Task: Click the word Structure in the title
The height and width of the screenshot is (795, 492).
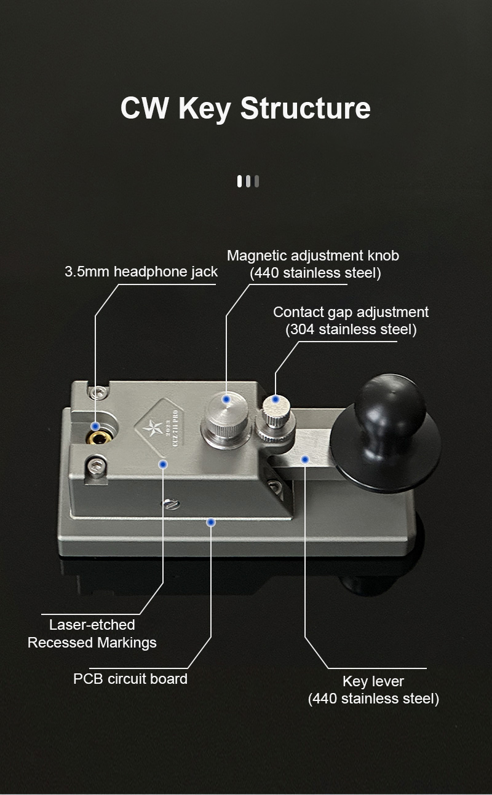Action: [306, 108]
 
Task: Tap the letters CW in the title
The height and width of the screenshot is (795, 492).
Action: [145, 108]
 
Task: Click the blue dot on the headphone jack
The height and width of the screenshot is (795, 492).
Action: [95, 426]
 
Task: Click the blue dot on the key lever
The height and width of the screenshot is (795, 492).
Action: [305, 460]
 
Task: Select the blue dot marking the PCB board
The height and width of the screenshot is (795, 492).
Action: [211, 522]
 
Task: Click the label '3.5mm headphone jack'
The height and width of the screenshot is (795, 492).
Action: [141, 272]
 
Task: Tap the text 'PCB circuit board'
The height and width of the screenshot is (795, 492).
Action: [130, 679]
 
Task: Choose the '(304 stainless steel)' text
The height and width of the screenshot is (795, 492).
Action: [351, 329]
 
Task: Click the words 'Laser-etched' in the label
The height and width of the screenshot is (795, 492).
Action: [92, 625]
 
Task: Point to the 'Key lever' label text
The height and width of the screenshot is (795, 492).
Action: [373, 681]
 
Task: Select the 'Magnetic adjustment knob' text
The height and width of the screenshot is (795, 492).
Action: [313, 256]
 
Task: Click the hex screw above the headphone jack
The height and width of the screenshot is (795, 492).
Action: [98, 392]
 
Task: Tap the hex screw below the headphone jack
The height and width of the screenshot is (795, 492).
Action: [96, 466]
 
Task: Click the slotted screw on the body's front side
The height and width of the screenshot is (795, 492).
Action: [171, 504]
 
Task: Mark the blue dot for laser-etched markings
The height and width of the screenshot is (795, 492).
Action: [163, 464]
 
